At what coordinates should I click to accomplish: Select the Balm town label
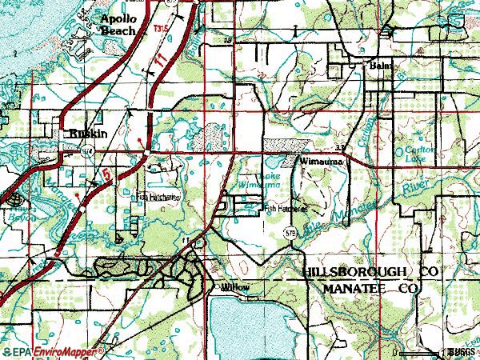coord(378,68)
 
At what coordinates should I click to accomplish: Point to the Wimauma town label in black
coord(322,162)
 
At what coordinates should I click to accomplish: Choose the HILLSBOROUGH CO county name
coord(373,273)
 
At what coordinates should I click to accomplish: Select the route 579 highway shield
coord(290,232)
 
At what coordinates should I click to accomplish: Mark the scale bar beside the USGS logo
coord(418,351)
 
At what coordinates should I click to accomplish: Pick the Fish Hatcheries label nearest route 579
coord(286,206)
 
